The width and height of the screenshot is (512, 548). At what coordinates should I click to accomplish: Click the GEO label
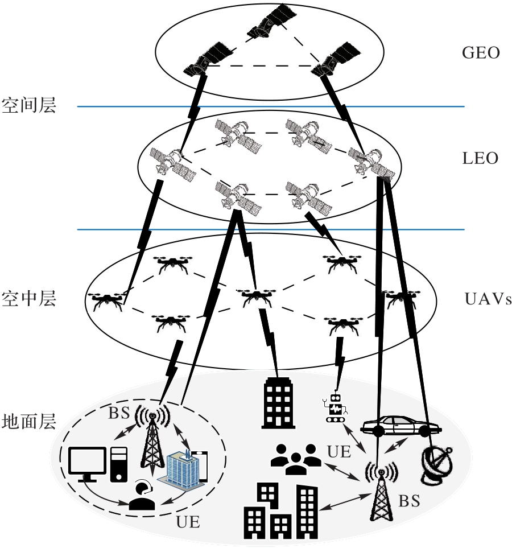481,53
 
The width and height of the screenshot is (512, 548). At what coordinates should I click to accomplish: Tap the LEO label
480,158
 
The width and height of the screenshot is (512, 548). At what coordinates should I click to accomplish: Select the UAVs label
488,299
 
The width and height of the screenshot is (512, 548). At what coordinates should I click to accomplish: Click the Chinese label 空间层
28,105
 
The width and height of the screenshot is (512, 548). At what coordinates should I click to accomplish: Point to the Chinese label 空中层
28,298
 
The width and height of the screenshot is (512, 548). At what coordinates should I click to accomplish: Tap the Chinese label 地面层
28,421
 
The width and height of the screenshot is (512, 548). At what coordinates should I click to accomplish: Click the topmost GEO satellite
271,21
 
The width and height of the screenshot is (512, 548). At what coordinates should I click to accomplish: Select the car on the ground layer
401,426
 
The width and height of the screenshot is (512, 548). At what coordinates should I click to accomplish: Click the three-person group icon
296,459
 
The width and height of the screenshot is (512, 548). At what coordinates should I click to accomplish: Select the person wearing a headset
142,496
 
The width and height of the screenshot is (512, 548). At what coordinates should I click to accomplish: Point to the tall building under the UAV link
278,403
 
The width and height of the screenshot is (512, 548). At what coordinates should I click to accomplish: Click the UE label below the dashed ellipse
188,522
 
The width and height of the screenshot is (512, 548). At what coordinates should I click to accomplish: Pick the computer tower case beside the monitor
119,465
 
